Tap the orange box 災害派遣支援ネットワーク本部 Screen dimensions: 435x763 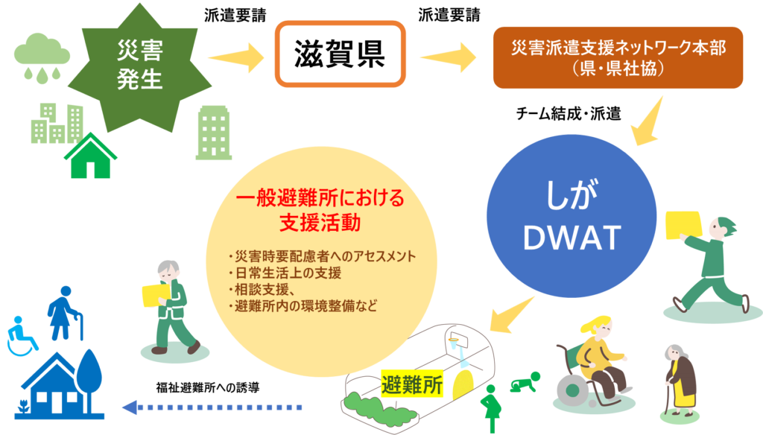point(618,57)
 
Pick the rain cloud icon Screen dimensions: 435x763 point(42,54)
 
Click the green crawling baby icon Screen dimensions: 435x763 point(523,385)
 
